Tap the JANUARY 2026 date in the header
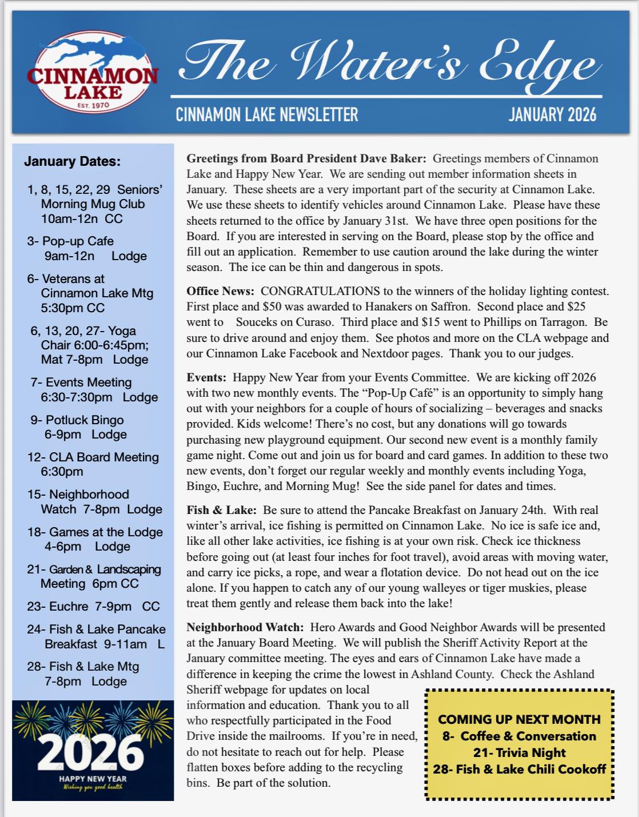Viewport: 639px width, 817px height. coord(552,114)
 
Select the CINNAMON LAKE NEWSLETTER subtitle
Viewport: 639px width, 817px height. coord(267,114)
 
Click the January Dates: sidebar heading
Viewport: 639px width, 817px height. coord(72,161)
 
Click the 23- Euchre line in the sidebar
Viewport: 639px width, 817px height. coord(93,606)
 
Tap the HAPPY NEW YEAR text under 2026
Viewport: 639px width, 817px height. coord(93,779)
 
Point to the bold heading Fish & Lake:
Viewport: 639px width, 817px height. coord(221,510)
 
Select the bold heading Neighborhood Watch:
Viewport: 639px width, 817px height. coord(245,627)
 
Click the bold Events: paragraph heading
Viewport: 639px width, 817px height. coord(206,377)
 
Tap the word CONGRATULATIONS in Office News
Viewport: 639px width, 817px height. coord(320,291)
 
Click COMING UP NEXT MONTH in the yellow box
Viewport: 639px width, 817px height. coord(519,719)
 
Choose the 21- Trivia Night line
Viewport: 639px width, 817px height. coord(519,752)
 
